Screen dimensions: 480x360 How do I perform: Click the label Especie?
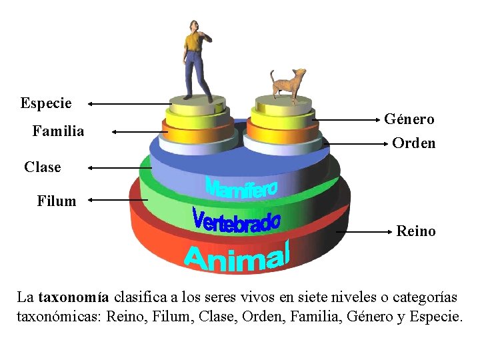point(46,103)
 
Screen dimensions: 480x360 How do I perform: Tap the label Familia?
point(59,131)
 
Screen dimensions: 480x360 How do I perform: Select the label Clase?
point(43,167)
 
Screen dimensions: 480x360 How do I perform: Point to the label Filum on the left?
point(57,201)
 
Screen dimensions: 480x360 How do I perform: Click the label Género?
point(409,119)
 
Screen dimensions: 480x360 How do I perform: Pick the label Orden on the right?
point(414,143)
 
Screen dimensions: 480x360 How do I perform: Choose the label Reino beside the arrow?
point(416,231)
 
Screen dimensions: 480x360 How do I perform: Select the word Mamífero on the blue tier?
point(241,187)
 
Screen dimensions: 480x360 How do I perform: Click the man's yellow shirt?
point(193,42)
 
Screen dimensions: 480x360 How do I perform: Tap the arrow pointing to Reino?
point(363,231)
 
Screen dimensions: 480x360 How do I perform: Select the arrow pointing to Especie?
point(127,103)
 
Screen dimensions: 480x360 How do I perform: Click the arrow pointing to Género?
point(347,119)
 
